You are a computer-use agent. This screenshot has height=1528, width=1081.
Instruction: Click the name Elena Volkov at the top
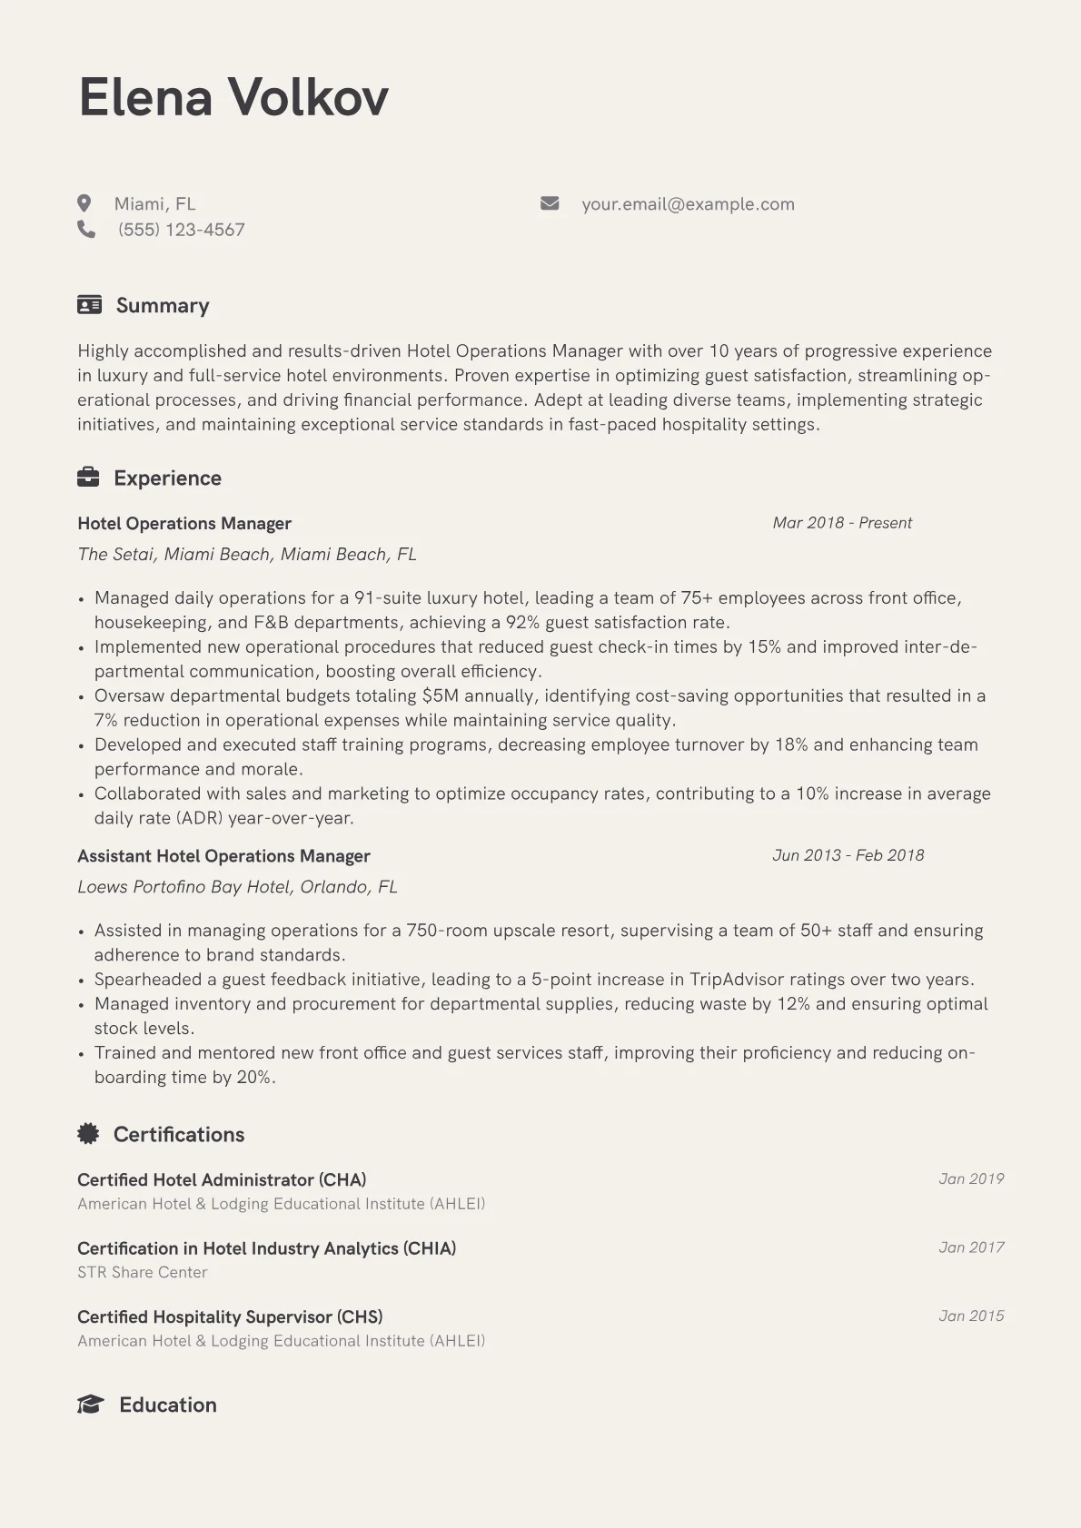(233, 97)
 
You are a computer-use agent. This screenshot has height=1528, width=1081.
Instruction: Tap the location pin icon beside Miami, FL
(84, 203)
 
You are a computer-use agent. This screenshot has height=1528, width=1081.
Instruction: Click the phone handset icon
(86, 229)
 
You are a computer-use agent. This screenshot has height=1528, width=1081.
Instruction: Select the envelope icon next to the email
(550, 203)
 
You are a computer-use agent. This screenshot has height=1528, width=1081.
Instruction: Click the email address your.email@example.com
(688, 204)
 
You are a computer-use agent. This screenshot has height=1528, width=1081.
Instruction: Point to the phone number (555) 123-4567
(181, 230)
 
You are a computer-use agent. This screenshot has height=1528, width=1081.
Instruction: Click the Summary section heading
(163, 305)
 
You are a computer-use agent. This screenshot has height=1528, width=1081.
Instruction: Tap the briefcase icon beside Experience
(88, 478)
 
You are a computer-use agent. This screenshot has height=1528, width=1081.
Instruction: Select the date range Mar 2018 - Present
(842, 523)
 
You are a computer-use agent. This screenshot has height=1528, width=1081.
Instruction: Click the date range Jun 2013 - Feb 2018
(848, 855)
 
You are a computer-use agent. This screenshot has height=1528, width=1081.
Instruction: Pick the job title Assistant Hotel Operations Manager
(223, 856)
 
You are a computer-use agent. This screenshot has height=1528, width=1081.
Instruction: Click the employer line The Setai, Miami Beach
(247, 555)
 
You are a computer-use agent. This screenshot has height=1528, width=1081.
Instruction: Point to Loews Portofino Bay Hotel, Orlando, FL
(237, 887)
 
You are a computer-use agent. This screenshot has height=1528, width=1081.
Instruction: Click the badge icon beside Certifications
(88, 1133)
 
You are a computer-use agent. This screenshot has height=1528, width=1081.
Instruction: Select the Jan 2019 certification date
(971, 1179)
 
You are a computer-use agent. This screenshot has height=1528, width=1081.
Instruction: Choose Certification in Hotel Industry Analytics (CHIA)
(266, 1248)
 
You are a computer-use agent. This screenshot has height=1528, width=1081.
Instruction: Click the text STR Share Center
(143, 1273)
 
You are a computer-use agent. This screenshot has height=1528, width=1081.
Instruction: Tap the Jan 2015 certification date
(971, 1316)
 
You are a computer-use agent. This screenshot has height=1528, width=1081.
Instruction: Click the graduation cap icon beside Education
(90, 1405)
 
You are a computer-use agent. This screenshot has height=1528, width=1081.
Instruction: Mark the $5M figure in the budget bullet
(440, 696)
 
